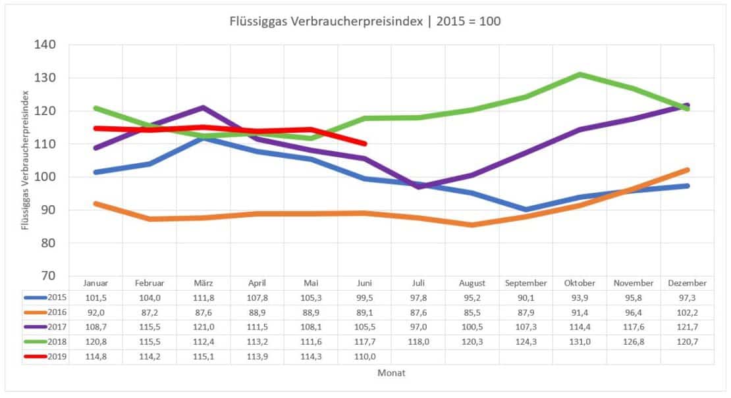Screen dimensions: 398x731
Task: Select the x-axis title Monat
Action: (391, 372)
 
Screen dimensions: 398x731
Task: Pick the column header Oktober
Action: (580, 284)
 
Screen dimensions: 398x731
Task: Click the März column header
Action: (203, 284)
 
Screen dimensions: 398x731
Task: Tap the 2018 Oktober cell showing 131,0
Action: (580, 341)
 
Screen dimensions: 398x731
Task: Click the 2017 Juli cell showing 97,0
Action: (418, 327)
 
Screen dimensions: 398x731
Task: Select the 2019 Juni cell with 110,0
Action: (364, 356)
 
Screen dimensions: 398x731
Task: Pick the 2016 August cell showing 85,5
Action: (472, 312)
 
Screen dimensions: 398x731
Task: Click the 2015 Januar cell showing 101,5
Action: (96, 298)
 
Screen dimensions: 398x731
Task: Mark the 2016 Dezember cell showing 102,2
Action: (687, 312)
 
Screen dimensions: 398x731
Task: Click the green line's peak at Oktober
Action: (580, 74)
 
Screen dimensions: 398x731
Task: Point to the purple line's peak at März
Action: (203, 107)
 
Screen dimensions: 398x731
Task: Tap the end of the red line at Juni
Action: (364, 143)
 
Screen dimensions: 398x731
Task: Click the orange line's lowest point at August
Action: (472, 225)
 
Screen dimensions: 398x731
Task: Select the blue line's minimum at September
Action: (526, 210)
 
